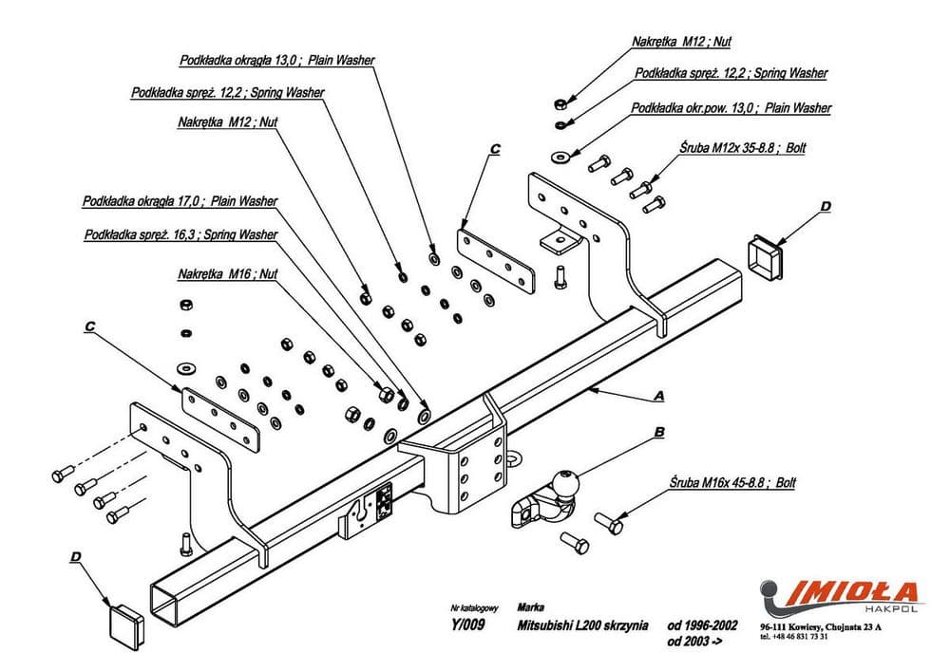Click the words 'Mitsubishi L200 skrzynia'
(x=582, y=624)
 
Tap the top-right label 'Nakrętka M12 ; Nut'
(x=681, y=42)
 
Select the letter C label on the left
(x=88, y=326)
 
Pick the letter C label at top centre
(x=494, y=149)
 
